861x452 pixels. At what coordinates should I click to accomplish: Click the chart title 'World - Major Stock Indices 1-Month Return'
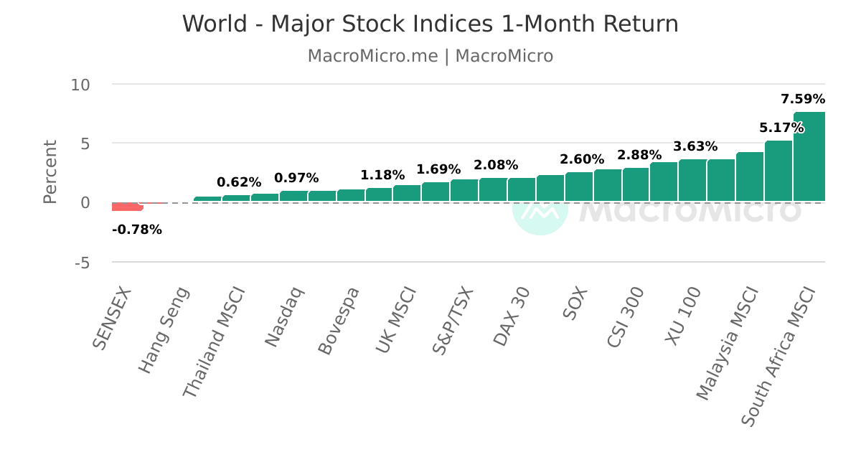430,24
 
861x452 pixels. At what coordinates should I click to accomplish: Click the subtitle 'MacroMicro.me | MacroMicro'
430,56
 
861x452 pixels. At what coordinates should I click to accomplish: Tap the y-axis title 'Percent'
50,172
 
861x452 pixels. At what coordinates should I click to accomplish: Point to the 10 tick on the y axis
80,85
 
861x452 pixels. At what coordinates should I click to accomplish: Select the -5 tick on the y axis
83,263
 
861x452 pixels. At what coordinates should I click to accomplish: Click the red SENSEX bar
127,207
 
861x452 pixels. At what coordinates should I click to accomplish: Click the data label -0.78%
137,230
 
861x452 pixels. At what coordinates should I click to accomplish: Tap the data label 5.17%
781,128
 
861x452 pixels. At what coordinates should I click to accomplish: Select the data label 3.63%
695,147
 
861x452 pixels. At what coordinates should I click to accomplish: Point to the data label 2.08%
496,166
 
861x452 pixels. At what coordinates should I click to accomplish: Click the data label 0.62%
239,183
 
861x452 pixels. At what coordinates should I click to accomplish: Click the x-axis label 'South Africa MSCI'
778,356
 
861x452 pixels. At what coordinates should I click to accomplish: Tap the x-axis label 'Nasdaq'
285,316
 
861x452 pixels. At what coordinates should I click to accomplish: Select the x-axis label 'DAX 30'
512,316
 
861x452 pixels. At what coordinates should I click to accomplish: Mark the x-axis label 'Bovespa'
339,320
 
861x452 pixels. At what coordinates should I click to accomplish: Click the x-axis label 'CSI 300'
626,317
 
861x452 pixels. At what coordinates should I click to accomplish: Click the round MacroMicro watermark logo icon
540,209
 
